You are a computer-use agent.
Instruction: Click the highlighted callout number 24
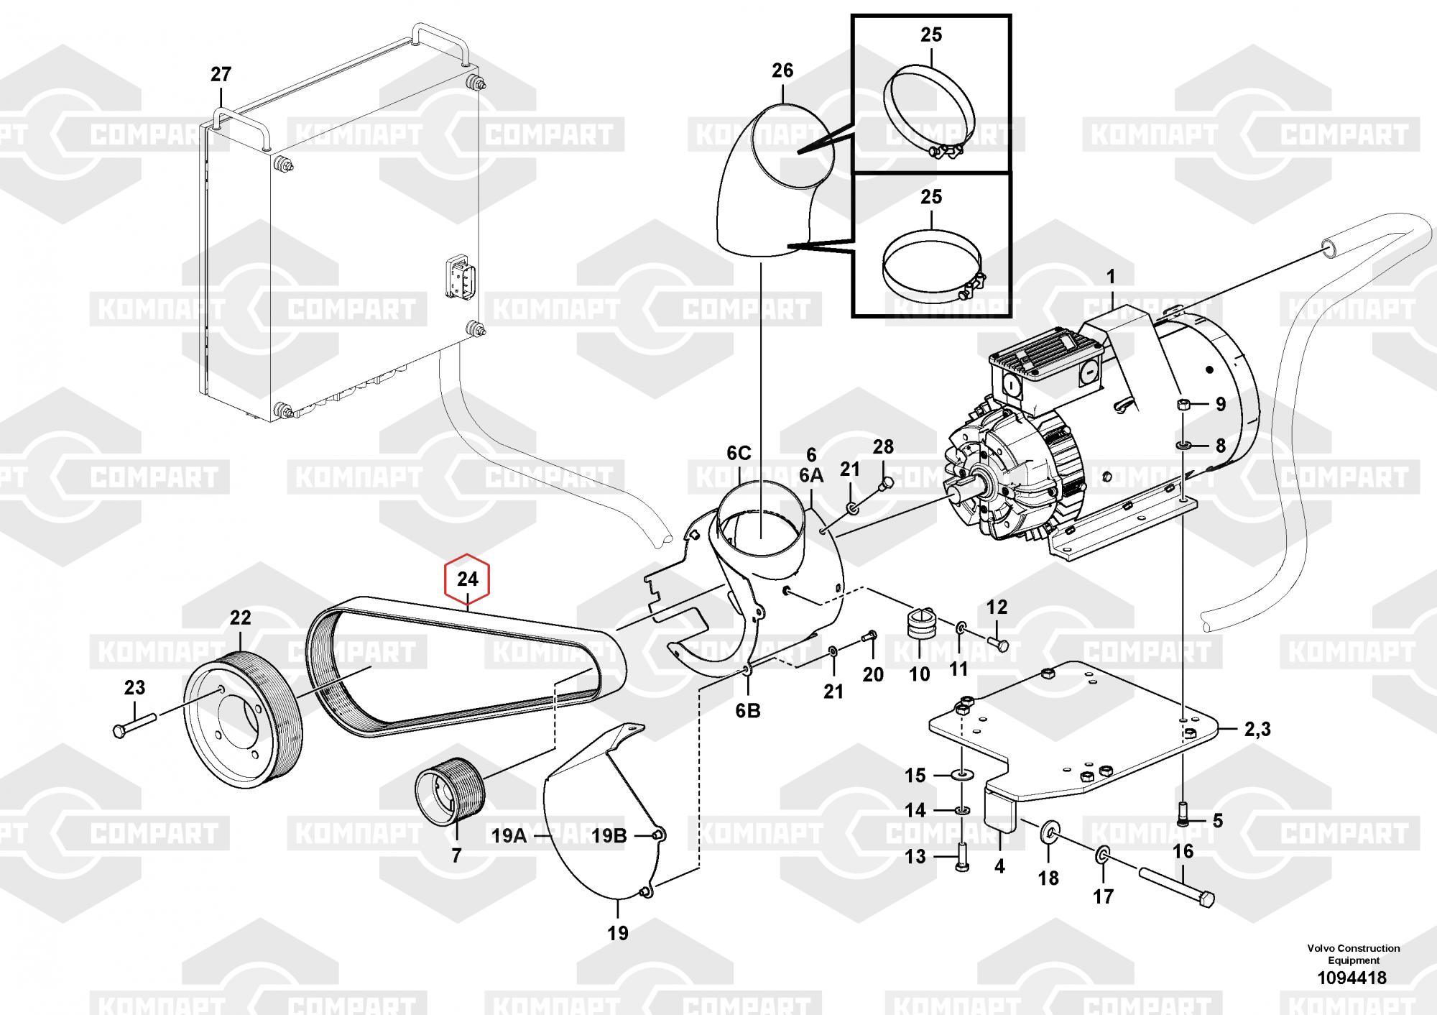tap(467, 579)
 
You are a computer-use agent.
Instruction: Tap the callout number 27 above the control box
tap(221, 74)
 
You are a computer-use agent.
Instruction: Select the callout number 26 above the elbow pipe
tap(782, 70)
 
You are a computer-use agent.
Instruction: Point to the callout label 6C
tap(739, 453)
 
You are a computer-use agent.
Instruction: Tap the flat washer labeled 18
tap(1048, 835)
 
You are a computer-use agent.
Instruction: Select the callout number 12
tap(997, 607)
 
